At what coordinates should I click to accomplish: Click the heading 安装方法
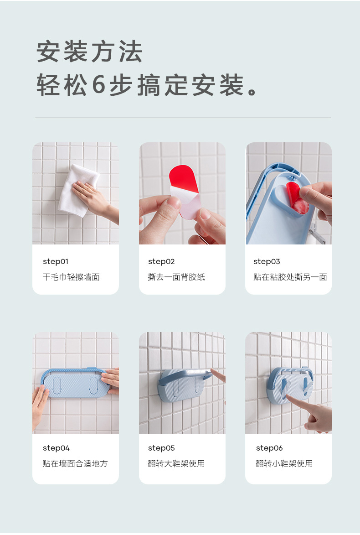point(89,52)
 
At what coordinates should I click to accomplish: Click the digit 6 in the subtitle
point(98,85)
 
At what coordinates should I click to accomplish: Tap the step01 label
point(55,261)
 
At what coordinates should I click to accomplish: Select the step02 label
point(161,261)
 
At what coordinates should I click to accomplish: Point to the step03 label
point(267,261)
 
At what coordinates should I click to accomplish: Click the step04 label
point(56,448)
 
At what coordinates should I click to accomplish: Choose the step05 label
point(161,448)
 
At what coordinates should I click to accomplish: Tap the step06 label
point(269,448)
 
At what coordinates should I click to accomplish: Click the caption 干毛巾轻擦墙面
point(71,277)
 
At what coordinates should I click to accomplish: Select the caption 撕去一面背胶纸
point(176,277)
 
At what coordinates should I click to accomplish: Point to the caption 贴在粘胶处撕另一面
point(290,277)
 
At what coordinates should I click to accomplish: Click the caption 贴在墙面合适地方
point(75,463)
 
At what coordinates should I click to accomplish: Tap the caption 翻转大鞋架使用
point(176,463)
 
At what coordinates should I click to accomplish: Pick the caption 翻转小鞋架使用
point(284,463)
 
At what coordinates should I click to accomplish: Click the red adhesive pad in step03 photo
point(297,198)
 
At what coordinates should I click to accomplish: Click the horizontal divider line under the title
point(182,118)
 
